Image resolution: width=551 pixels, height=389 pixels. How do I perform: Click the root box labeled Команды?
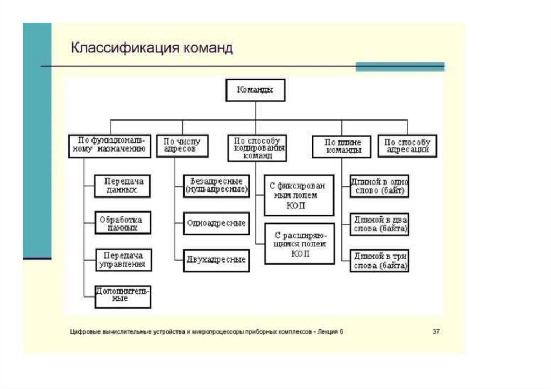click(255, 90)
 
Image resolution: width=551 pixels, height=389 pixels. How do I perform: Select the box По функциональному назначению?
click(110, 146)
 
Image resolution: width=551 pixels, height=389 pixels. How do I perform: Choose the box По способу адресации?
click(408, 146)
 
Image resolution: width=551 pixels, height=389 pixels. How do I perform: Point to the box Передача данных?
click(122, 185)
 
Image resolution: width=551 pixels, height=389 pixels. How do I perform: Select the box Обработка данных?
click(122, 223)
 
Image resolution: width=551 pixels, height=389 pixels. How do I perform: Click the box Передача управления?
click(122, 260)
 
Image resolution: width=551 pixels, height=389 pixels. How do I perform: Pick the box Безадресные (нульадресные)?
click(216, 185)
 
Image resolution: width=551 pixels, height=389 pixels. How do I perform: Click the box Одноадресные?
click(216, 223)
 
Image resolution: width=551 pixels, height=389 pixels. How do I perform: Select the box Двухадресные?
click(216, 260)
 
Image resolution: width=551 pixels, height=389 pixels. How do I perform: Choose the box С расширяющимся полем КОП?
click(300, 244)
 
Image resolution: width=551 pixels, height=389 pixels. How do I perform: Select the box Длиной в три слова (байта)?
click(379, 260)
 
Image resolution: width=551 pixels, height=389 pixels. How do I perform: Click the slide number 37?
click(436, 332)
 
